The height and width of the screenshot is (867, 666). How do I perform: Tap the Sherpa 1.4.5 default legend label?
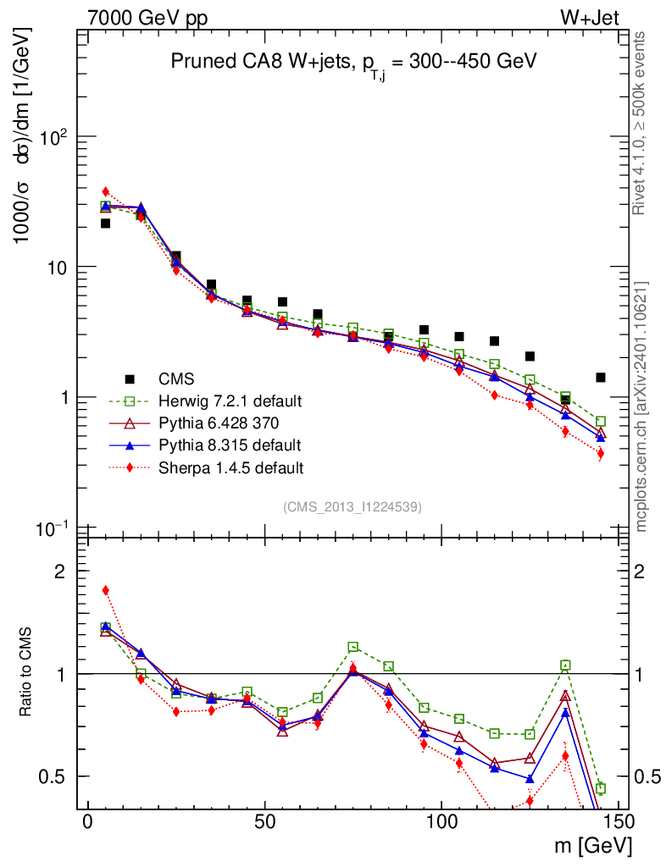tap(233, 467)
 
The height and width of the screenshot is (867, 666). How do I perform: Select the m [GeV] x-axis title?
tap(594, 845)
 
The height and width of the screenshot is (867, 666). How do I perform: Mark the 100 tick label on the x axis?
tap(441, 822)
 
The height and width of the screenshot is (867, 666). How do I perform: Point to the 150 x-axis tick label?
tap(619, 822)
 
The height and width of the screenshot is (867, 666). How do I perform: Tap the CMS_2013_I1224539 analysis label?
tap(352, 507)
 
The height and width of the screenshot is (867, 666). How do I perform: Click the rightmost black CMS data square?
tap(601, 378)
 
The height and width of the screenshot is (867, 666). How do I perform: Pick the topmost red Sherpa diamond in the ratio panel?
tap(106, 590)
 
